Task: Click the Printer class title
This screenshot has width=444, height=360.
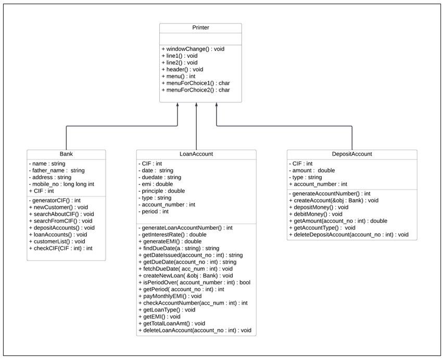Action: (x=200, y=28)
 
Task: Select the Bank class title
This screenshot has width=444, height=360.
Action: (x=66, y=154)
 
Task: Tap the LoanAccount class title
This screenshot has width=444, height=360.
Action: (x=196, y=154)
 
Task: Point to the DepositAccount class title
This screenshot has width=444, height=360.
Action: (x=352, y=154)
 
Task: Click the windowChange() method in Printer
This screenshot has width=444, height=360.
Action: (x=193, y=48)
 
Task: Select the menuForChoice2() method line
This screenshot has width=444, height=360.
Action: (x=196, y=90)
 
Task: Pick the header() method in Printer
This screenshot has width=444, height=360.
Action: (x=182, y=69)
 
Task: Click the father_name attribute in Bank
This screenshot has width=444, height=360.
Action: (x=57, y=170)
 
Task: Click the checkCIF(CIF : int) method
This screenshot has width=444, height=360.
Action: (x=60, y=249)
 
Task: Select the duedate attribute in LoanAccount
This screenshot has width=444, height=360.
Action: (x=160, y=177)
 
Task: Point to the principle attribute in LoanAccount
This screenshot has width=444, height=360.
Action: (x=161, y=191)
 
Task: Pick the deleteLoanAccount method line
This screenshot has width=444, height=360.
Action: (x=195, y=330)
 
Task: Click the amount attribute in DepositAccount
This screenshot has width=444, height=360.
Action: (x=312, y=170)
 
